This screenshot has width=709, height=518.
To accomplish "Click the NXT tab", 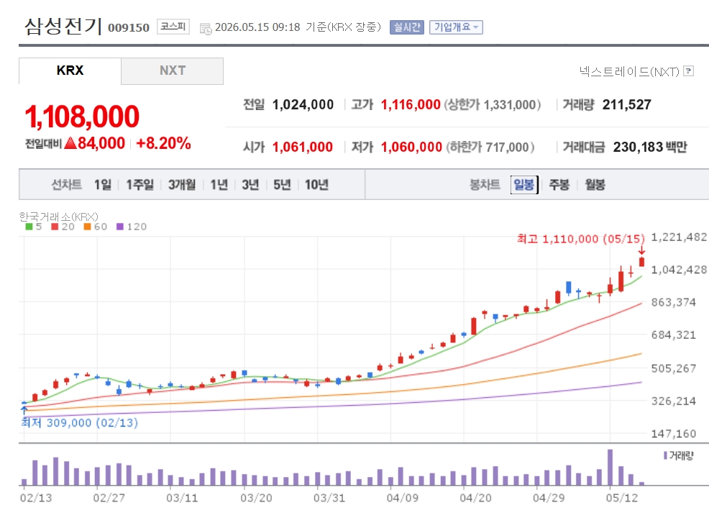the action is point(173,71).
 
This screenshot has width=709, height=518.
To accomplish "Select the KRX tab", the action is point(70,71).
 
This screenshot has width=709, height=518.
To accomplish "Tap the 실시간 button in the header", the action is point(407,27).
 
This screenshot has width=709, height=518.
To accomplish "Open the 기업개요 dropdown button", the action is point(456,27).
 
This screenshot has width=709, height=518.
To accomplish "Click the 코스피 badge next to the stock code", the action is point(173,27).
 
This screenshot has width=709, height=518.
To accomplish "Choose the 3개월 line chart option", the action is point(182,185).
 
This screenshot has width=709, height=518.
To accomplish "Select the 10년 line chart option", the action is point(316,185).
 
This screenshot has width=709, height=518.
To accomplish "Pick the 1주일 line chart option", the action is point(139,185).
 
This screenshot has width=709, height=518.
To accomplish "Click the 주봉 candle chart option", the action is point(559,185).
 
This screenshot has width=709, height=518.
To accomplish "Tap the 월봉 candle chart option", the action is point(595,185).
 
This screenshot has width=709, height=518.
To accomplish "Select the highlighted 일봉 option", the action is point(524,185).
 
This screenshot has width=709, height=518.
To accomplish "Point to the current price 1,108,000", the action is point(82,117).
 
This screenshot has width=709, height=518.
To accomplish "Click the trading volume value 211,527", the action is point(627,105).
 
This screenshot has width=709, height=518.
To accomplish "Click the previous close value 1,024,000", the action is point(303,105).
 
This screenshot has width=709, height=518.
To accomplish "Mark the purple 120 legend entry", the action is point(132,227).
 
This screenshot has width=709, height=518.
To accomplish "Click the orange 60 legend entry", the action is point(96,227).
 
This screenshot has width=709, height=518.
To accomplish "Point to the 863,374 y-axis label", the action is point(673,302).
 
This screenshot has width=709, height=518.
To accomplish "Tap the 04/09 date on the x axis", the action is point(402,498).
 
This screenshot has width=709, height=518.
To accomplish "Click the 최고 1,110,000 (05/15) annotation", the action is point(580,239).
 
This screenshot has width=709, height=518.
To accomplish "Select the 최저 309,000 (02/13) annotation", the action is point(80,422).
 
